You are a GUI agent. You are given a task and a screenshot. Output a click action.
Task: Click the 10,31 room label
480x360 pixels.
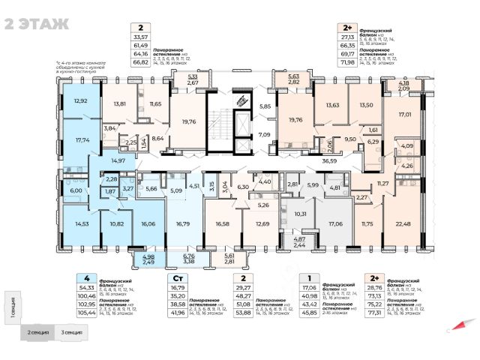tap(300, 214)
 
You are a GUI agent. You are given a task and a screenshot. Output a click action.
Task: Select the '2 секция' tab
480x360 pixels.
tap(39, 331)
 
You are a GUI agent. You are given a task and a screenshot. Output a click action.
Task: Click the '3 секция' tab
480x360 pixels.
tap(72, 331)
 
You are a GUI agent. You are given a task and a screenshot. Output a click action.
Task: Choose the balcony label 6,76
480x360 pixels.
tap(188, 256)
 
